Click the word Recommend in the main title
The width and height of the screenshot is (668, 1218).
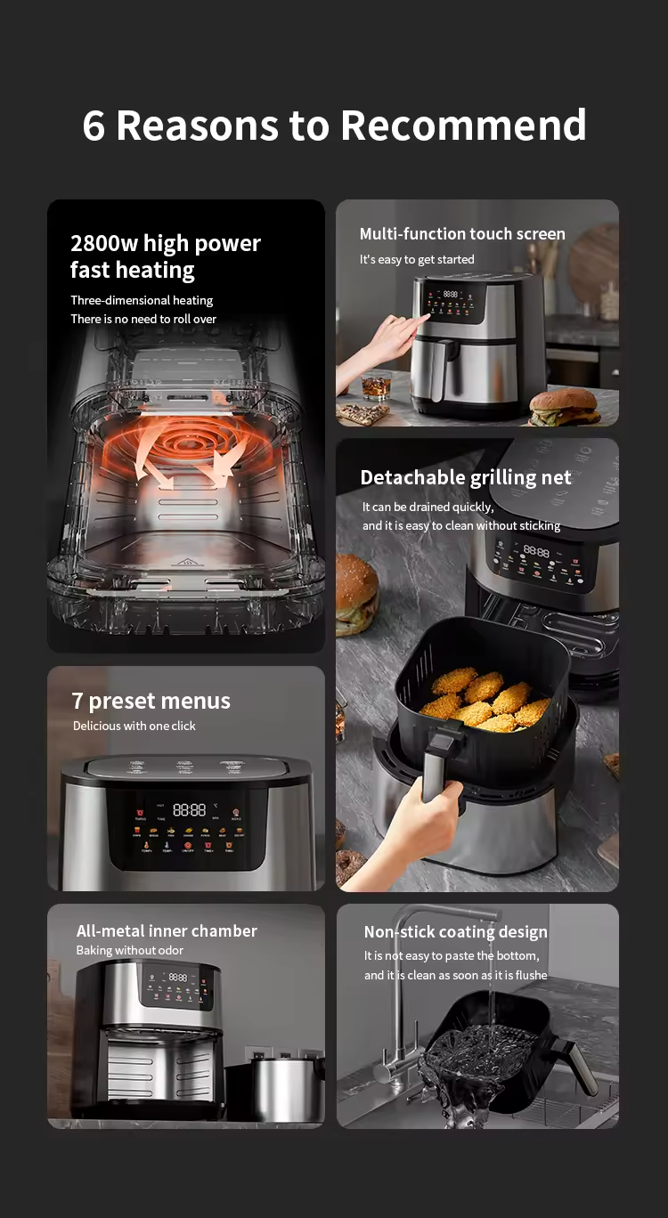coord(463,126)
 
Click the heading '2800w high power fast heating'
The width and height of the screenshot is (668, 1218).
coord(166,256)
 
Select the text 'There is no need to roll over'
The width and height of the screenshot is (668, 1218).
coord(143,319)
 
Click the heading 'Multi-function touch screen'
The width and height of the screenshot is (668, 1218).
coord(462,234)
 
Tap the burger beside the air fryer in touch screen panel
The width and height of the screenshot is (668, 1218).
coord(563,406)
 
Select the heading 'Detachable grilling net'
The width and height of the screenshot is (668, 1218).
coord(466,477)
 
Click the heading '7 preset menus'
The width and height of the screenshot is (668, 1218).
coord(151,701)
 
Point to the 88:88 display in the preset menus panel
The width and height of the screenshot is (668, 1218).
coord(189,809)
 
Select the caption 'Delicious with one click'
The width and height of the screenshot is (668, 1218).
coord(134,726)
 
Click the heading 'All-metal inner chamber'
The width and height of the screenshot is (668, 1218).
coord(167,930)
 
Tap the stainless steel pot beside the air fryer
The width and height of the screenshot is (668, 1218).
coord(285,1086)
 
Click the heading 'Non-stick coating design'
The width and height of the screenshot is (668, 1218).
coord(455,931)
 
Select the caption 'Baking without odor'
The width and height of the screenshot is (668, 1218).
coord(130,951)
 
